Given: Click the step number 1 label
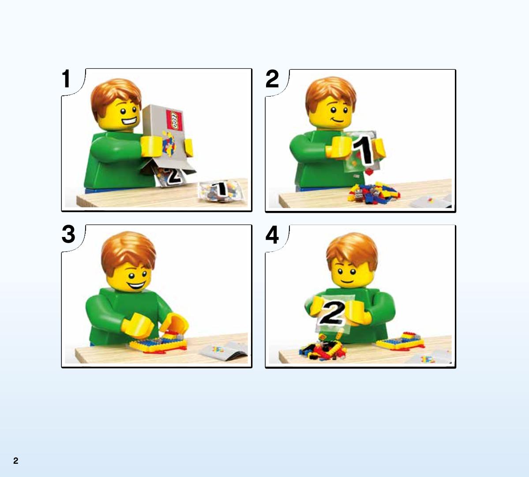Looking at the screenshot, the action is pyautogui.click(x=66, y=79).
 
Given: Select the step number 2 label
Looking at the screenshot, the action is pyautogui.click(x=272, y=79).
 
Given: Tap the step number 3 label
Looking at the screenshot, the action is pyautogui.click(x=68, y=234).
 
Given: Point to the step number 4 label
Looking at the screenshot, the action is pyautogui.click(x=272, y=234).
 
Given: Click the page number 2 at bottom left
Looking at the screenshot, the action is pyautogui.click(x=15, y=461).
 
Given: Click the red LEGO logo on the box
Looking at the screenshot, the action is pyautogui.click(x=174, y=120).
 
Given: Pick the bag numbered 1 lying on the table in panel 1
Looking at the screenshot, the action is pyautogui.click(x=221, y=191).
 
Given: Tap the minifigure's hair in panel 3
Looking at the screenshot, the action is pyautogui.click(x=128, y=252).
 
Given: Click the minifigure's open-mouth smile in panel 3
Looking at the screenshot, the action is pyautogui.click(x=136, y=286).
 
